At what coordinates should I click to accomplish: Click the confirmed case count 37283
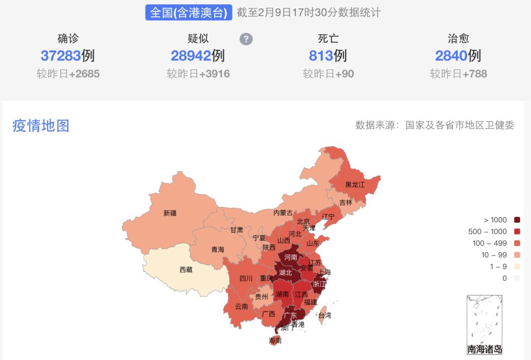tap(60, 56)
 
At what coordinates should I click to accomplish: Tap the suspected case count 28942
tap(191, 56)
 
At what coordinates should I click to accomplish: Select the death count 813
tap(321, 56)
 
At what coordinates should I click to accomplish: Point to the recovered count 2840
tap(451, 56)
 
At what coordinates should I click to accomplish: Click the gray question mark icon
tap(246, 39)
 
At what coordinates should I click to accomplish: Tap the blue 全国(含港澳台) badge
tap(189, 13)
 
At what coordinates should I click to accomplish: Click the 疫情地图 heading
tap(41, 126)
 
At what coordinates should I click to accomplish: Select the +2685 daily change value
tap(84, 74)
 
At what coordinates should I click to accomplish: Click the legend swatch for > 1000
tap(517, 220)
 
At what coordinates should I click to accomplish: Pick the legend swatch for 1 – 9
tap(517, 267)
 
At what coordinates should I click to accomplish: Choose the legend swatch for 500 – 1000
tap(517, 232)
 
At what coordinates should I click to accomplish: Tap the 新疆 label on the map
tap(170, 213)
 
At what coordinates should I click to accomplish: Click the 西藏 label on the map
tap(186, 270)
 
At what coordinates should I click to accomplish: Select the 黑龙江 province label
tap(355, 185)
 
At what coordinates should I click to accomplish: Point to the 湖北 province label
tap(285, 272)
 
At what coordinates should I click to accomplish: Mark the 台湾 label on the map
tap(325, 315)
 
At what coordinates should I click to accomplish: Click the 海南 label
tap(275, 340)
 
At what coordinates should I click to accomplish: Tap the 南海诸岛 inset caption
tap(485, 350)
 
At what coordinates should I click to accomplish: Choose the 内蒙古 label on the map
tap(283, 213)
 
